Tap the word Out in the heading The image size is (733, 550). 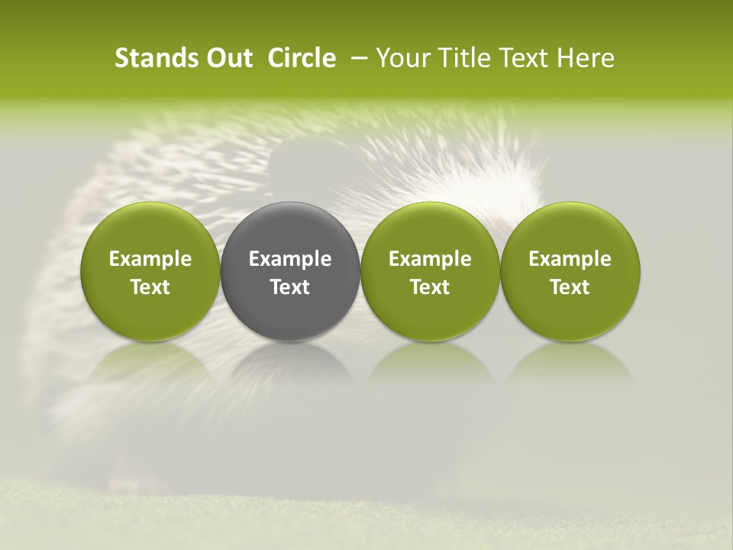tap(228, 59)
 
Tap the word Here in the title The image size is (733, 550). tap(586, 59)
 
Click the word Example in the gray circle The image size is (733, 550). tap(290, 259)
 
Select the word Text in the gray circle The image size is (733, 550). tap(290, 287)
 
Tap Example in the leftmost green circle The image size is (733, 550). tap(150, 259)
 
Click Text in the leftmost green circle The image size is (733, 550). tap(150, 287)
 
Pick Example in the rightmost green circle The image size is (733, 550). tap(570, 259)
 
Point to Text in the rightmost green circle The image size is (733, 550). tap(570, 287)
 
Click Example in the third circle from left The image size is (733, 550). tap(430, 259)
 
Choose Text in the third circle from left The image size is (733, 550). tap(430, 287)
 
